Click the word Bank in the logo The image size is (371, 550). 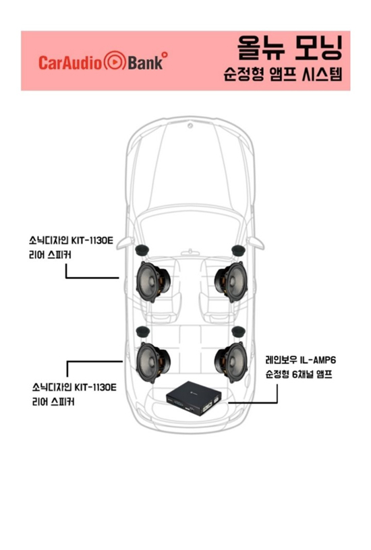pyautogui.click(x=145, y=63)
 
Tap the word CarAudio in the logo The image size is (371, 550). pyautogui.click(x=71, y=63)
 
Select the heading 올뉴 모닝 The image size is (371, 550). pyautogui.click(x=289, y=47)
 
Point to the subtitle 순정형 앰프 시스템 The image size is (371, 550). pyautogui.click(x=283, y=73)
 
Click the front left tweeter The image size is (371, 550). pyautogui.click(x=142, y=250)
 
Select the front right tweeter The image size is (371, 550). pyautogui.click(x=239, y=250)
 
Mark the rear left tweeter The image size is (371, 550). pyautogui.click(x=142, y=331)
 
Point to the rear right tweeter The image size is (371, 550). pyautogui.click(x=239, y=331)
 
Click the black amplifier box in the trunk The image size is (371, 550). pyautogui.click(x=194, y=398)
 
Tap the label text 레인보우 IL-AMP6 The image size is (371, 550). pyautogui.click(x=300, y=360)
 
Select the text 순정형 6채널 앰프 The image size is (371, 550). pyautogui.click(x=299, y=374)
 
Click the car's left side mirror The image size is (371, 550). pyautogui.click(x=125, y=243)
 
